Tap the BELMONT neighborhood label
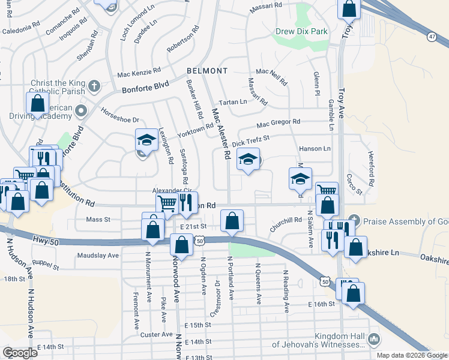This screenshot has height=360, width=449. (206, 71)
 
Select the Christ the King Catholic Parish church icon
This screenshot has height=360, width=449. (93, 86)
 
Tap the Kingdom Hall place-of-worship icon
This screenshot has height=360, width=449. (374, 340)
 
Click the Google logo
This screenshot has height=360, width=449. (20, 353)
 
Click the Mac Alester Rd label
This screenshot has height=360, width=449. (221, 133)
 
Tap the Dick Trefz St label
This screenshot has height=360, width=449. (251, 141)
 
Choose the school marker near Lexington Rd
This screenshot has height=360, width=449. (145, 141)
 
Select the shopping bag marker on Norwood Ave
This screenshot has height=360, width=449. (181, 245)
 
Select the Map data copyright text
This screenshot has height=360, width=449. (411, 355)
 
